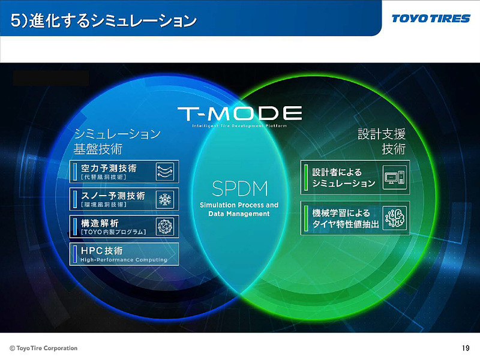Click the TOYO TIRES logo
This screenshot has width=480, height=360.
pyautogui.click(x=431, y=18)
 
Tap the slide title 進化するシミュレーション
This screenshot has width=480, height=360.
pyautogui.click(x=104, y=22)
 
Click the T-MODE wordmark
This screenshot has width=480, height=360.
pyautogui.click(x=239, y=112)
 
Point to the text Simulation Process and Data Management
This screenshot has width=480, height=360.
pyautogui.click(x=239, y=209)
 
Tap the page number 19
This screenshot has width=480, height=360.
pyautogui.click(x=466, y=348)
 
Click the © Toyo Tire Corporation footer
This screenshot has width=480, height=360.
pyautogui.click(x=43, y=348)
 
